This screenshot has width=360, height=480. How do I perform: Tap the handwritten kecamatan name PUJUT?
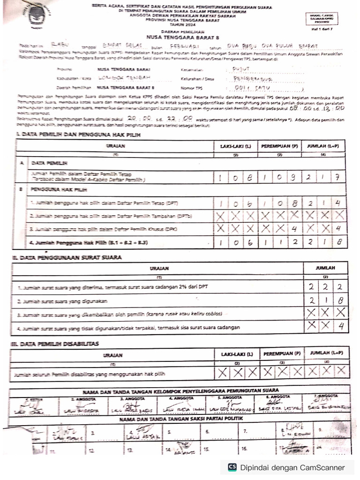point(242,68)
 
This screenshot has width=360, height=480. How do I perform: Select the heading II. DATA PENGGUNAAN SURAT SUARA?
point(68,257)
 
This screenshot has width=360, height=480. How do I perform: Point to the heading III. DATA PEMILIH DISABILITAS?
point(56,344)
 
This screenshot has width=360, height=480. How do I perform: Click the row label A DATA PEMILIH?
point(46,163)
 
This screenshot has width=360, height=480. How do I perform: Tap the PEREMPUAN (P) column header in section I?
point(279,146)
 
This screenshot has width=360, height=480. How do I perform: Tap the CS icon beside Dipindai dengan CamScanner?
point(232,467)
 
